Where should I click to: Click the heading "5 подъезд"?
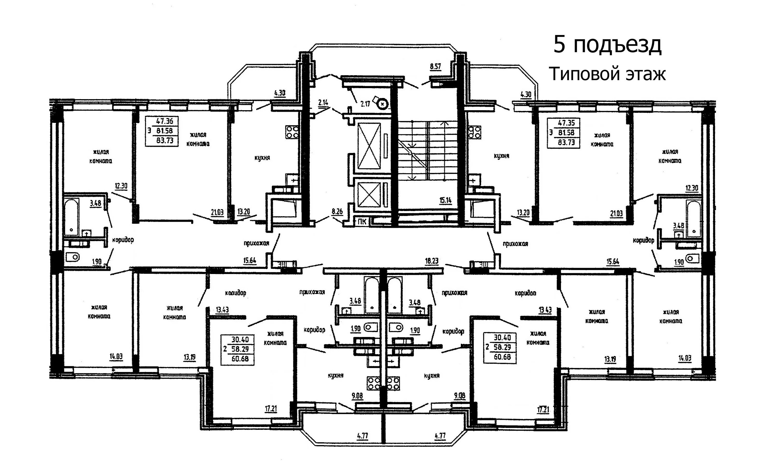(607, 45)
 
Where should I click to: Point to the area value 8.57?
(435, 67)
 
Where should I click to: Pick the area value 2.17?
(365, 103)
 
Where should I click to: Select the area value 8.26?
(337, 211)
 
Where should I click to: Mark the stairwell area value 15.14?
(445, 200)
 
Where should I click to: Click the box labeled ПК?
(362, 222)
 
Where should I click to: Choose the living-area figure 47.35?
(566, 123)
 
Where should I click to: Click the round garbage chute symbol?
(383, 103)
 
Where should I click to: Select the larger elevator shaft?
(369, 146)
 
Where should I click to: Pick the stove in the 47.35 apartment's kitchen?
(475, 132)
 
